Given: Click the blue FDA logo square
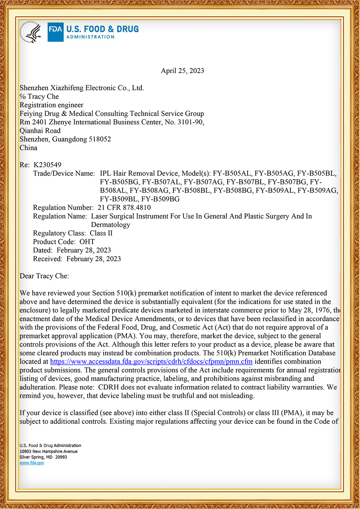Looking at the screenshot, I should click(x=55, y=32).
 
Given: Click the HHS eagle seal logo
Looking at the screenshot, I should click(x=31, y=32).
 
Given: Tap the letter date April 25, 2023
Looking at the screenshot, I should click(x=182, y=71).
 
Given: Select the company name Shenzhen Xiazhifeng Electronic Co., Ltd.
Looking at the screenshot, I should click(x=82, y=88).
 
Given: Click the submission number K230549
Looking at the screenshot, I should click(x=47, y=165).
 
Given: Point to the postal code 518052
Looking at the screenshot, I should click(x=100, y=139).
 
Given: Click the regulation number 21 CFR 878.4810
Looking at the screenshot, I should click(x=124, y=208).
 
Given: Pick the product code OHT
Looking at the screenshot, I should click(x=87, y=242).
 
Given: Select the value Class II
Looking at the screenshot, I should click(x=101, y=233).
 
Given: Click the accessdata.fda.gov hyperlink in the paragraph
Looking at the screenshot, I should click(x=151, y=362).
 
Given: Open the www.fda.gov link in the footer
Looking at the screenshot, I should click(x=32, y=463).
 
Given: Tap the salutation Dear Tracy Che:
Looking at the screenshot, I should click(x=44, y=276).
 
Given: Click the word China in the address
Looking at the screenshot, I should click(x=28, y=148).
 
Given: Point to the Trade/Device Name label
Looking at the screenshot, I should click(x=64, y=173).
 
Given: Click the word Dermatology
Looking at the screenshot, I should click(x=111, y=225).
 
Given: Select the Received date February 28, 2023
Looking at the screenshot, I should click(x=94, y=259).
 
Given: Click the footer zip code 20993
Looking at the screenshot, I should click(x=61, y=457).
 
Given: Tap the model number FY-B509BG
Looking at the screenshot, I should click(x=161, y=199).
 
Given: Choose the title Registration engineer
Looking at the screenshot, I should click(x=51, y=105).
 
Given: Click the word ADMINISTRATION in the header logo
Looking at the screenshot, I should click(x=90, y=37).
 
